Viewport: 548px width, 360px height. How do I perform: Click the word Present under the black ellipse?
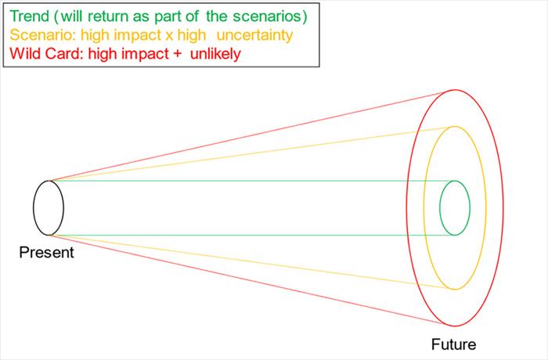[46, 252]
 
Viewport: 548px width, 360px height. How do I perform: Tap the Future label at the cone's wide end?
[453, 344]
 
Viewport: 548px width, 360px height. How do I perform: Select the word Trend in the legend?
[30, 16]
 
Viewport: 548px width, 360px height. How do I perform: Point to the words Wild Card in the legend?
[45, 54]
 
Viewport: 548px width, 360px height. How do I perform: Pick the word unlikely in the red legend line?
[215, 54]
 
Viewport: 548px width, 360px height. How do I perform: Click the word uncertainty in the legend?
[254, 35]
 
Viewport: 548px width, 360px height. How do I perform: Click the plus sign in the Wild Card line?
[177, 54]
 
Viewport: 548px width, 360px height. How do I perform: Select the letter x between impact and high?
[169, 36]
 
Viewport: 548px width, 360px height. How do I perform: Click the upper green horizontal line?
[251, 181]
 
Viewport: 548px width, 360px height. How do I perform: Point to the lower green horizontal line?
[251, 236]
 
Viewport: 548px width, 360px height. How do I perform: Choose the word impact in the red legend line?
[146, 55]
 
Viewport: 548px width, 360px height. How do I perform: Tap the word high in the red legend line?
[103, 55]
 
